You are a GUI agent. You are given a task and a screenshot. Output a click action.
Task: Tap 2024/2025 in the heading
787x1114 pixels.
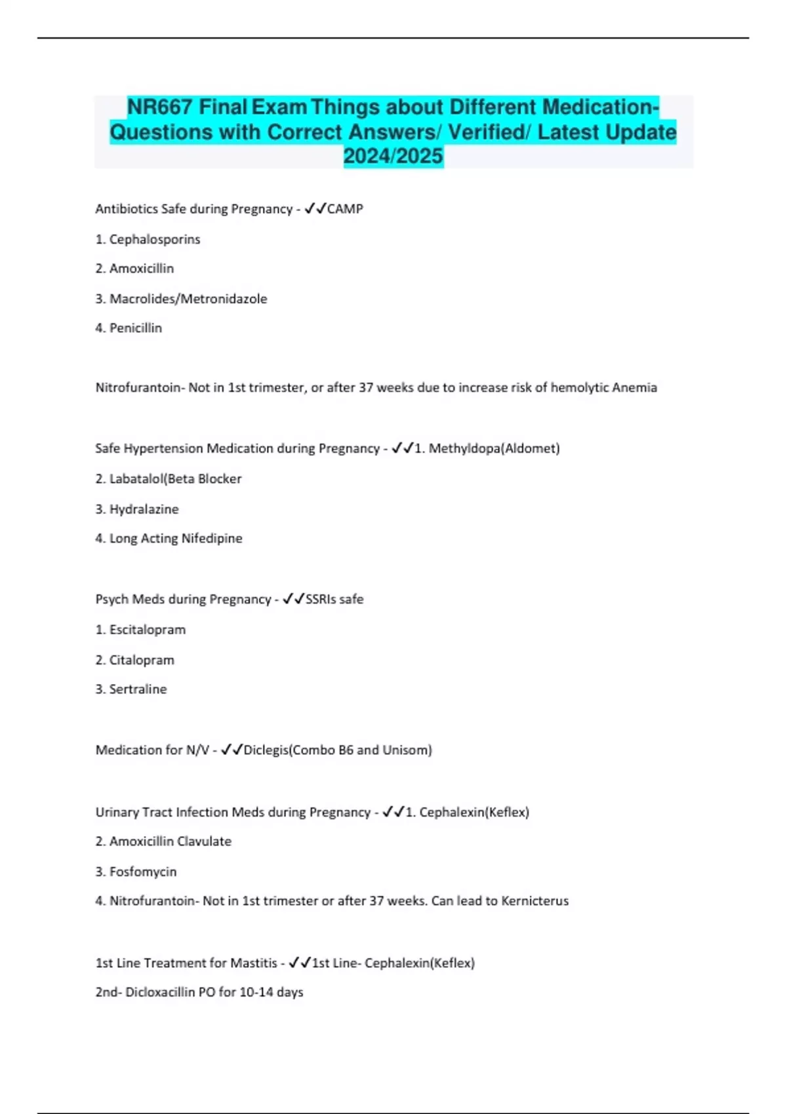(x=393, y=157)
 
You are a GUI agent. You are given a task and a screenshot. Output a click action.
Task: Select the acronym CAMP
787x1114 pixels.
(x=345, y=209)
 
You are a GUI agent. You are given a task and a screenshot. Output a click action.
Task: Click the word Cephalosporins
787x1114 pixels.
(x=155, y=240)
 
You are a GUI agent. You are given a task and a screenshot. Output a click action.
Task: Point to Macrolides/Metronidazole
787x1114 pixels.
(x=188, y=299)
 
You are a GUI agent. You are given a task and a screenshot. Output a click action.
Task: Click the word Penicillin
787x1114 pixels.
(x=136, y=328)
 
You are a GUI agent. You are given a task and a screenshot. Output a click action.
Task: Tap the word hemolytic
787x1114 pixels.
(x=579, y=388)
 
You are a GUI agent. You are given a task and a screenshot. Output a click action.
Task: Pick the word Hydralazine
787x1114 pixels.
(x=144, y=509)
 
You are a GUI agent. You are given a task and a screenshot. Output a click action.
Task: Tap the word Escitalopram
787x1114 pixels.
(x=148, y=630)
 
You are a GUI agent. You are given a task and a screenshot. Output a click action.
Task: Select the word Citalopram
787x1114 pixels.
(x=142, y=660)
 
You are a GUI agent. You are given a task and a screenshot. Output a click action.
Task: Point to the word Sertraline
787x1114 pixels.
(x=138, y=689)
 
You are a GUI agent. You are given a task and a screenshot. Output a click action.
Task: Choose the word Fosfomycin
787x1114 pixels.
(x=143, y=872)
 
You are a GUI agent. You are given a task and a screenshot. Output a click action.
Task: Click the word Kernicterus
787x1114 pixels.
(x=535, y=901)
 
